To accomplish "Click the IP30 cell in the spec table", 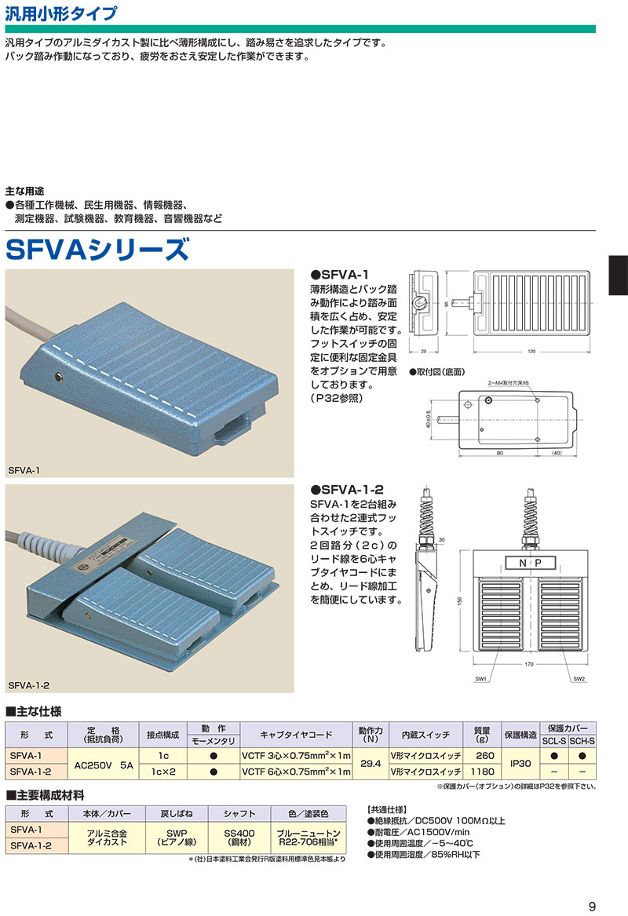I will coord(520,763).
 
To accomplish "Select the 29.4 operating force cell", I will coord(370,763).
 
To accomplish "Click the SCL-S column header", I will coord(554,742).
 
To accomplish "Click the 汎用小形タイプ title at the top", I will coord(61,13).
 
